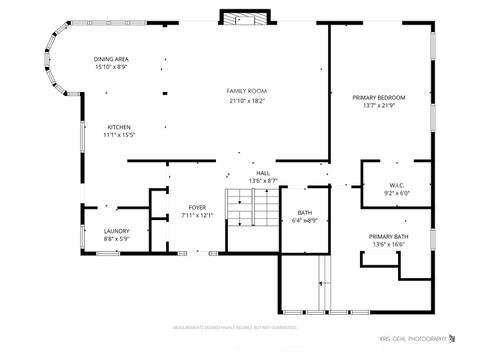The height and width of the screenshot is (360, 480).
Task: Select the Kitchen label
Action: click(x=119, y=127)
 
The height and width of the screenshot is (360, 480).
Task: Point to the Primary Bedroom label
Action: click(x=379, y=97)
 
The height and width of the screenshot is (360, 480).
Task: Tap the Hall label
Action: click(x=263, y=173)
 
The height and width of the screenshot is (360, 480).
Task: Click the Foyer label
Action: click(x=198, y=207)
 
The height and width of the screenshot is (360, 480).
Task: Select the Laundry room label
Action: click(x=116, y=231)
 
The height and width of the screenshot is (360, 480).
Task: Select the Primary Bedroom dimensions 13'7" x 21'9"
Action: click(x=379, y=106)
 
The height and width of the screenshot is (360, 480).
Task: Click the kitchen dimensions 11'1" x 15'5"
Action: click(x=120, y=135)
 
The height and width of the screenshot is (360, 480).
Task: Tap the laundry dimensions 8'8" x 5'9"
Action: click(x=116, y=239)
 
